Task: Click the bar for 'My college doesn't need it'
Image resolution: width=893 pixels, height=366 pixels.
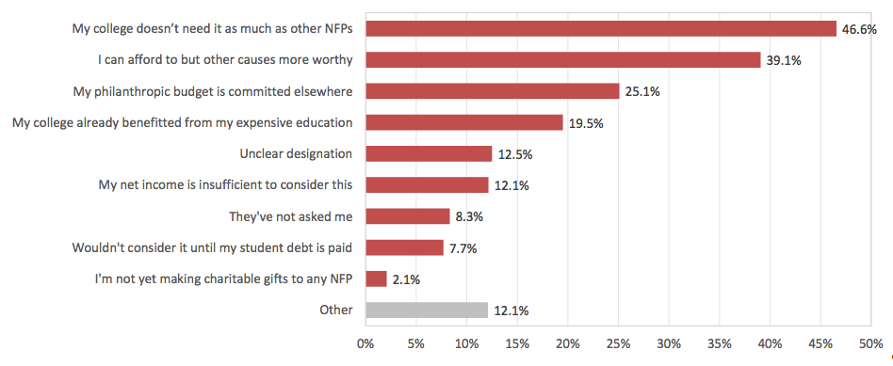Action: [x=600, y=29]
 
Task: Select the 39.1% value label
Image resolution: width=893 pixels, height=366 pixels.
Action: [x=783, y=60]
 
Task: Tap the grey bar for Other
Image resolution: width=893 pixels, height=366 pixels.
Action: [x=426, y=310]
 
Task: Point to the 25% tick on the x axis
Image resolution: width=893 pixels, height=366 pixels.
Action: [x=618, y=344]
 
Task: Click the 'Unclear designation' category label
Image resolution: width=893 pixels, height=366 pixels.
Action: [x=297, y=154]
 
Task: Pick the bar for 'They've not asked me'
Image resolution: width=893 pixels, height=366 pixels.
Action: [x=407, y=216]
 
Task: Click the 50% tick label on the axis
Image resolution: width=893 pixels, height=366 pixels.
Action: [x=870, y=344]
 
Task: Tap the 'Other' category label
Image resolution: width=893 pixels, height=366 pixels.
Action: [x=335, y=310]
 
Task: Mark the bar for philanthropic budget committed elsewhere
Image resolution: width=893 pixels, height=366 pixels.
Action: [x=492, y=91]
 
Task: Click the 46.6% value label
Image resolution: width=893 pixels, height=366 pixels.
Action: [x=859, y=29]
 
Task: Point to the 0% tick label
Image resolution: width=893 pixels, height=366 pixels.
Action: [x=365, y=344]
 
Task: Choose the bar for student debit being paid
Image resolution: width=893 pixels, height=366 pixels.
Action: [x=404, y=247]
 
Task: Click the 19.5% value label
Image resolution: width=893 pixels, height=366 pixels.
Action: [x=585, y=123]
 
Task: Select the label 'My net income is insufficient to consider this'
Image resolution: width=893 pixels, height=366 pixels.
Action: [x=226, y=185]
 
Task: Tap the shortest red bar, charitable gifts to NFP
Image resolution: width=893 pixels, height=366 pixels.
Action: [x=376, y=278]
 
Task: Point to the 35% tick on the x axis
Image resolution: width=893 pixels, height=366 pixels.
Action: [x=719, y=344]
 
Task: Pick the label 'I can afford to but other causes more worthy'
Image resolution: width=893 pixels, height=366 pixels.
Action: [x=226, y=60]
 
